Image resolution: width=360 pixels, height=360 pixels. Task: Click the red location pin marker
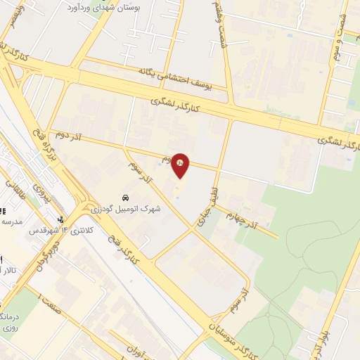[180, 164]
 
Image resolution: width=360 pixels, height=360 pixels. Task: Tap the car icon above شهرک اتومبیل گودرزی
[124, 197]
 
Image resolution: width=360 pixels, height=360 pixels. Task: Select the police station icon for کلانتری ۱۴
[62, 219]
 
